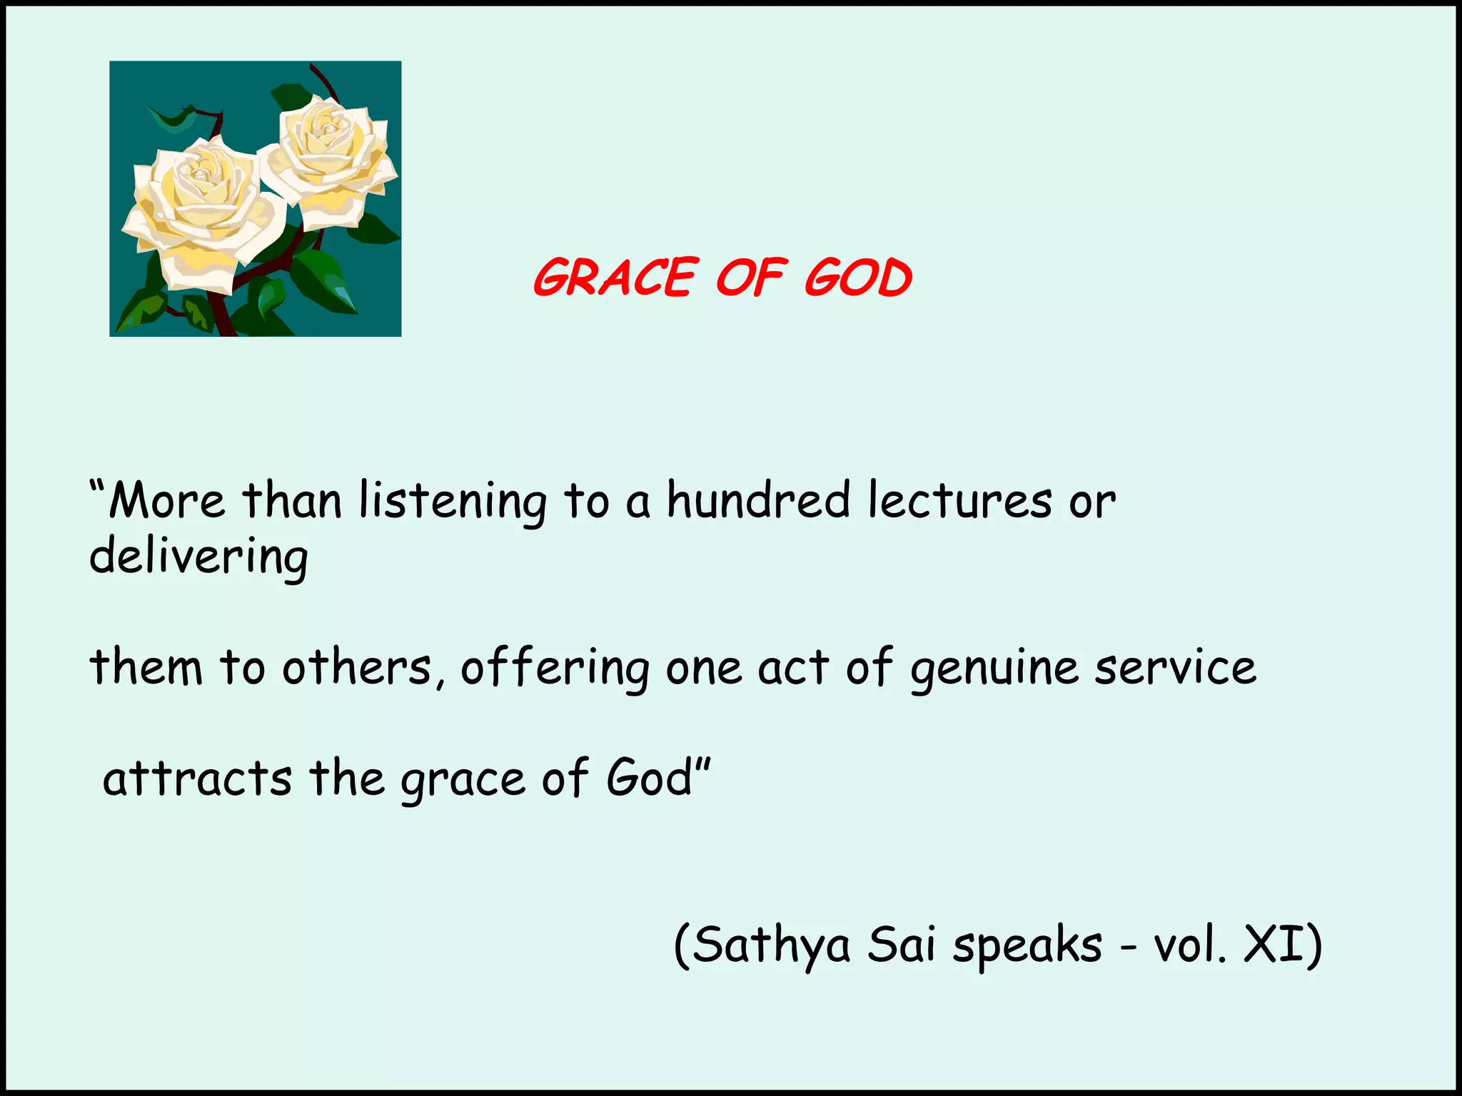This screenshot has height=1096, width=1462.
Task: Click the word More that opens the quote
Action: pyautogui.click(x=166, y=501)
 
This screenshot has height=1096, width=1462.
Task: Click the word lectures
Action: pyautogui.click(x=960, y=501)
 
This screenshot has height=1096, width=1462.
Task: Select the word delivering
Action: pyautogui.click(x=198, y=558)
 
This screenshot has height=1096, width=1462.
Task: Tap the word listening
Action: pyautogui.click(x=453, y=502)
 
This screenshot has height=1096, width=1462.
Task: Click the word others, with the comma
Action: pyautogui.click(x=357, y=668)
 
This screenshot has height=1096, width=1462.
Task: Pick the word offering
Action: pyautogui.click(x=555, y=669)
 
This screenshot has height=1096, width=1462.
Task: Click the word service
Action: pyautogui.click(x=1176, y=668)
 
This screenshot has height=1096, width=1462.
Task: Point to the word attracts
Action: pyautogui.click(x=198, y=778)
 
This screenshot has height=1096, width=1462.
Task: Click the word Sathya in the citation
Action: pyautogui.click(x=771, y=946)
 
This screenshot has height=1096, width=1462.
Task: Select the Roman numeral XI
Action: pyautogui.click(x=1271, y=945)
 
